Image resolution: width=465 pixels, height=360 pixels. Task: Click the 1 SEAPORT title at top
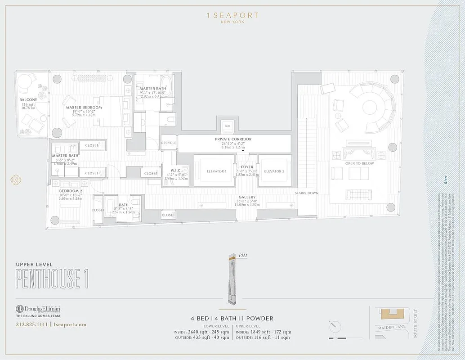pyautogui.click(x=232, y=16)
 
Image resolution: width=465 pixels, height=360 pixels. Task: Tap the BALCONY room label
pyautogui.click(x=28, y=99)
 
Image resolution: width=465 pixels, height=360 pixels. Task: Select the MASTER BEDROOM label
pyautogui.click(x=84, y=108)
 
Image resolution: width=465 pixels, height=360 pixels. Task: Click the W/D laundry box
pyautogui.click(x=226, y=126)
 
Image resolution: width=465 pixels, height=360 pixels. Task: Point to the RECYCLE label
pyautogui.click(x=169, y=143)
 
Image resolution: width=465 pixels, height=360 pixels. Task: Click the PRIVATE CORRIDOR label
pyautogui.click(x=233, y=139)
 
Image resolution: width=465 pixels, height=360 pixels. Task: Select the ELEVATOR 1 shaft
pyautogui.click(x=214, y=171)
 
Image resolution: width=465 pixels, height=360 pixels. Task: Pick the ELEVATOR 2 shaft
pyautogui.click(x=274, y=171)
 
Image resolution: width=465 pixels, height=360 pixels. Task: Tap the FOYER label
pyautogui.click(x=247, y=167)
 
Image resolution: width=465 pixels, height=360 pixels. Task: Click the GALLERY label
pyautogui.click(x=247, y=197)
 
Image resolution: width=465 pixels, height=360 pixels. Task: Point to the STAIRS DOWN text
pyautogui.click(x=307, y=193)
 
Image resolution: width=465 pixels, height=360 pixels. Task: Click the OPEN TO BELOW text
pyautogui.click(x=358, y=163)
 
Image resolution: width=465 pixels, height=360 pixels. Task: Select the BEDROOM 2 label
pyautogui.click(x=71, y=191)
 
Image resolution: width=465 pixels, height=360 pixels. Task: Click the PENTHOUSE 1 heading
pyautogui.click(x=52, y=279)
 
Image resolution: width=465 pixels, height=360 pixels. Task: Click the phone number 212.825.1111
pyautogui.click(x=31, y=324)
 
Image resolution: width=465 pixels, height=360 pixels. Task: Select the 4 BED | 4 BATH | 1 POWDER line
pyautogui.click(x=232, y=318)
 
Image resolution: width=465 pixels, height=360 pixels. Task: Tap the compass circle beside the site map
pyautogui.click(x=335, y=326)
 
